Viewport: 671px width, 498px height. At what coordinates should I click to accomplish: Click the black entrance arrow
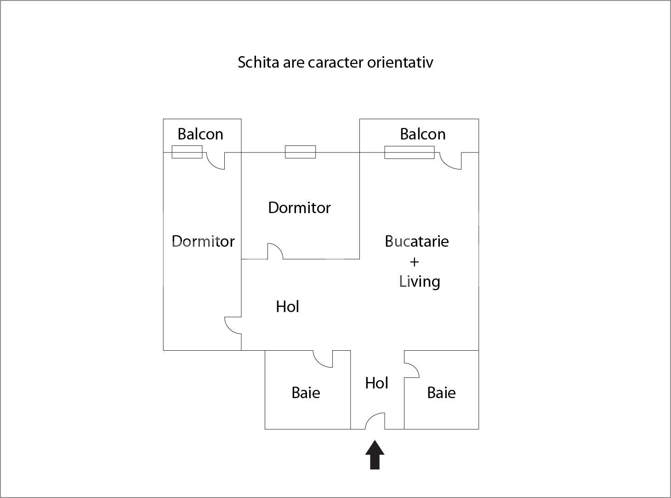tap(375, 455)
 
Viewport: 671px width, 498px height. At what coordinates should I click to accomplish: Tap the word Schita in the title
tap(258, 63)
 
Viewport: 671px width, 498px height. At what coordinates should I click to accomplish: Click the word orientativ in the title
tap(400, 63)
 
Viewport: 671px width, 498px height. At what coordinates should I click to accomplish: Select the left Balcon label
tap(200, 134)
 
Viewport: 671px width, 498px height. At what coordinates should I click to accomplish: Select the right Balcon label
tap(423, 134)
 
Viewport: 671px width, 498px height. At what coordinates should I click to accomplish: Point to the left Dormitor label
tap(203, 241)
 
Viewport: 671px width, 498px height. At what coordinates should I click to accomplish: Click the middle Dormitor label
tap(300, 208)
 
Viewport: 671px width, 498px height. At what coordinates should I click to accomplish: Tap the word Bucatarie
tap(416, 241)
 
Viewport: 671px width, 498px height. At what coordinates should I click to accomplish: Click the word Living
tap(419, 282)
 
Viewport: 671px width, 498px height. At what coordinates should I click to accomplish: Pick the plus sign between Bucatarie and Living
tap(415, 262)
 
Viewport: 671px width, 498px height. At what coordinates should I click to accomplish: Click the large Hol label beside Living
tap(287, 307)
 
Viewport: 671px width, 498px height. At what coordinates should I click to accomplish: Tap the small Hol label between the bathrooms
tap(377, 383)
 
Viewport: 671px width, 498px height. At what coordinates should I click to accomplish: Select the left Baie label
tap(306, 393)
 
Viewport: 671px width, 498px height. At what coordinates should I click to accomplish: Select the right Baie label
tap(441, 393)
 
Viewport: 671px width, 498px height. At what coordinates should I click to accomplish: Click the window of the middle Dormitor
tap(301, 152)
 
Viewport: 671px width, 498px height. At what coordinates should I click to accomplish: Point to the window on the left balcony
tap(187, 152)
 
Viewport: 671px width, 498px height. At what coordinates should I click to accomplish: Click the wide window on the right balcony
tap(409, 152)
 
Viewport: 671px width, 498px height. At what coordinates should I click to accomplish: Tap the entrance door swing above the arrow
tap(375, 421)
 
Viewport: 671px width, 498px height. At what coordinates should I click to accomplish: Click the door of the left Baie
tap(323, 359)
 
